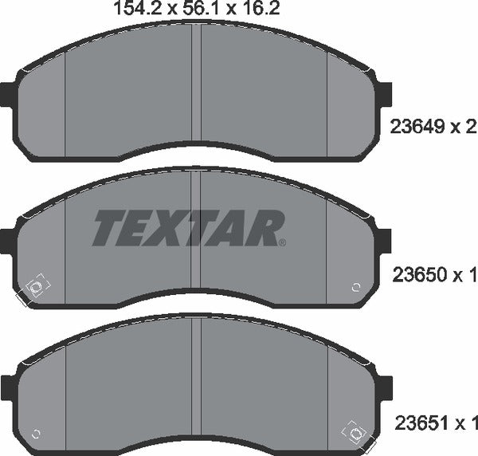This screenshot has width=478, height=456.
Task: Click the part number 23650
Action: (415, 276)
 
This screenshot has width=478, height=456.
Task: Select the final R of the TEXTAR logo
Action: (267, 229)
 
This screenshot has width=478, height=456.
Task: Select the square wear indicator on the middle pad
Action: (37, 288)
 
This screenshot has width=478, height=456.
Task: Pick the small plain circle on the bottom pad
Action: (36, 434)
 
